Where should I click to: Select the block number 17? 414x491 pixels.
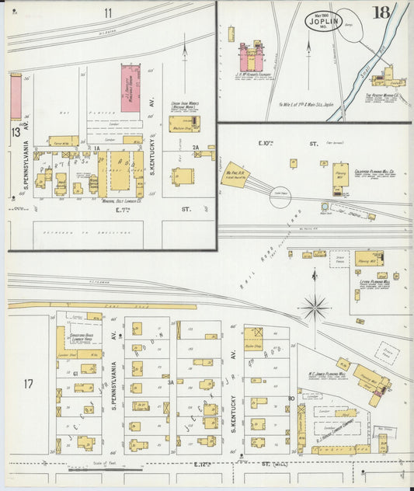pos(29,383)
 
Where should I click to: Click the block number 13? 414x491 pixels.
pos(15,132)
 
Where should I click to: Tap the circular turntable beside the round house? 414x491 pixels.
pos(280,197)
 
